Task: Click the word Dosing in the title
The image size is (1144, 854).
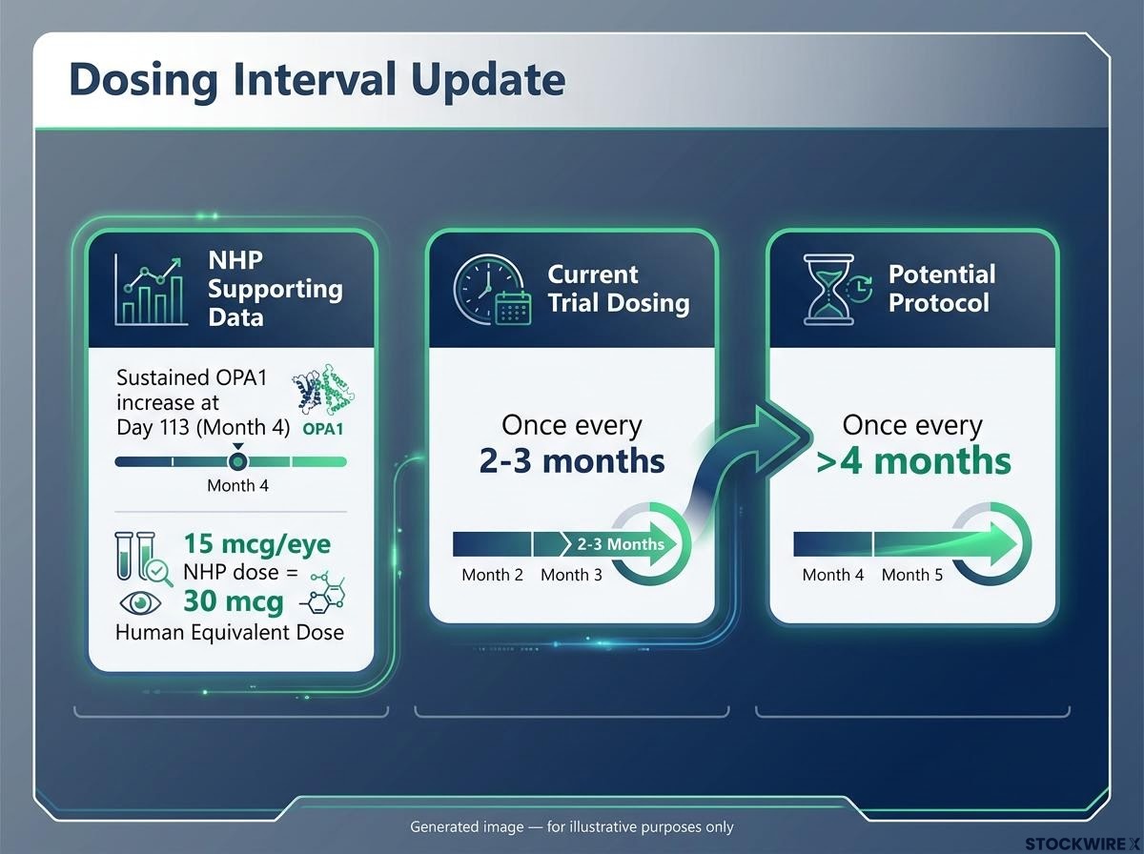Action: coord(143,80)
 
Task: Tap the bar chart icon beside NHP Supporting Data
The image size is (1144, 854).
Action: coord(151,290)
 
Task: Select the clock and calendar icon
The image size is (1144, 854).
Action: coord(492,290)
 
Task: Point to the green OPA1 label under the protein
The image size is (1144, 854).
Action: coord(323,429)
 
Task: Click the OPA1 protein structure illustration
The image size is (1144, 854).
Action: coord(323,389)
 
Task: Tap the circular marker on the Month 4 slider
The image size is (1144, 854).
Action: coord(238,461)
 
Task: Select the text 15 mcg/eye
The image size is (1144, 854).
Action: coord(257,544)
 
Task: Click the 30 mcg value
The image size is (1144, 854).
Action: coord(234,600)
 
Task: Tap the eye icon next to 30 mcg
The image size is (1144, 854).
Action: coord(140,603)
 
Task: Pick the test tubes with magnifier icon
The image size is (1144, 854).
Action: coord(143,559)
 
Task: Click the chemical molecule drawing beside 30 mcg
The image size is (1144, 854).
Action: coord(323,593)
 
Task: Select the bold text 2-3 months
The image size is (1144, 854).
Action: coord(572,461)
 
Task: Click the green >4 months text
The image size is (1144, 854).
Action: coord(913,461)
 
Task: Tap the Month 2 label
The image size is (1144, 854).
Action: coord(492,575)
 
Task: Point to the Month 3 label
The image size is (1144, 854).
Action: coord(571,575)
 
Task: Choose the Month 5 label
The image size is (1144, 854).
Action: coord(912,575)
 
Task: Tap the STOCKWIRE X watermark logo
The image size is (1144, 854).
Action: coord(1082,844)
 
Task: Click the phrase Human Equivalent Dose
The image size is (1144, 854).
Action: coord(230,632)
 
